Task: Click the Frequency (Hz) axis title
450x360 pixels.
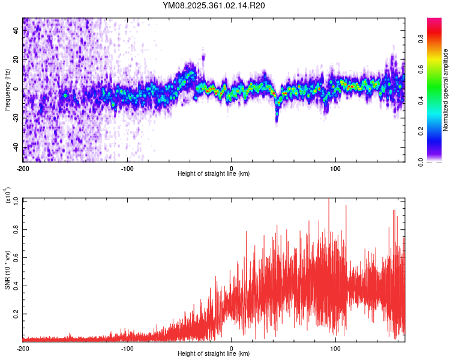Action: (8, 89)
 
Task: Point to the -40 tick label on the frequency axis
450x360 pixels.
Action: (15, 148)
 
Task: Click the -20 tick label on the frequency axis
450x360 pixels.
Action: (15, 118)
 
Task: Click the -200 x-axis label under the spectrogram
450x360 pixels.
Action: (23, 167)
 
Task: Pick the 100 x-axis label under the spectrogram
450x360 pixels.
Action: (336, 167)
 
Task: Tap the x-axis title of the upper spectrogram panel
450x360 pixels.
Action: (214, 174)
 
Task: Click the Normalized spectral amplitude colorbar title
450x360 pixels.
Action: (446, 90)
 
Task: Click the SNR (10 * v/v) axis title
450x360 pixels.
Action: (8, 270)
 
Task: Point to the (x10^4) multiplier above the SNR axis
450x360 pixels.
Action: (8, 196)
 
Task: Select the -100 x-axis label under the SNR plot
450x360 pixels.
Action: (127, 348)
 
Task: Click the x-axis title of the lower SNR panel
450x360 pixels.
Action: (214, 355)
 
